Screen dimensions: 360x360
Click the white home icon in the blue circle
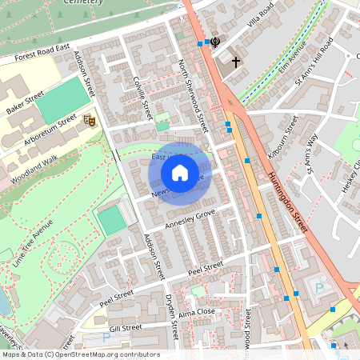180,172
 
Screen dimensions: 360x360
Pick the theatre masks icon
90,121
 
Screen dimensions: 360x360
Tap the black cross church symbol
236,62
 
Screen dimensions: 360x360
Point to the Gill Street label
126,327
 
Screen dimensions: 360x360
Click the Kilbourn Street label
282,136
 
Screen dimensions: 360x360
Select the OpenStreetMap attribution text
80,354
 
